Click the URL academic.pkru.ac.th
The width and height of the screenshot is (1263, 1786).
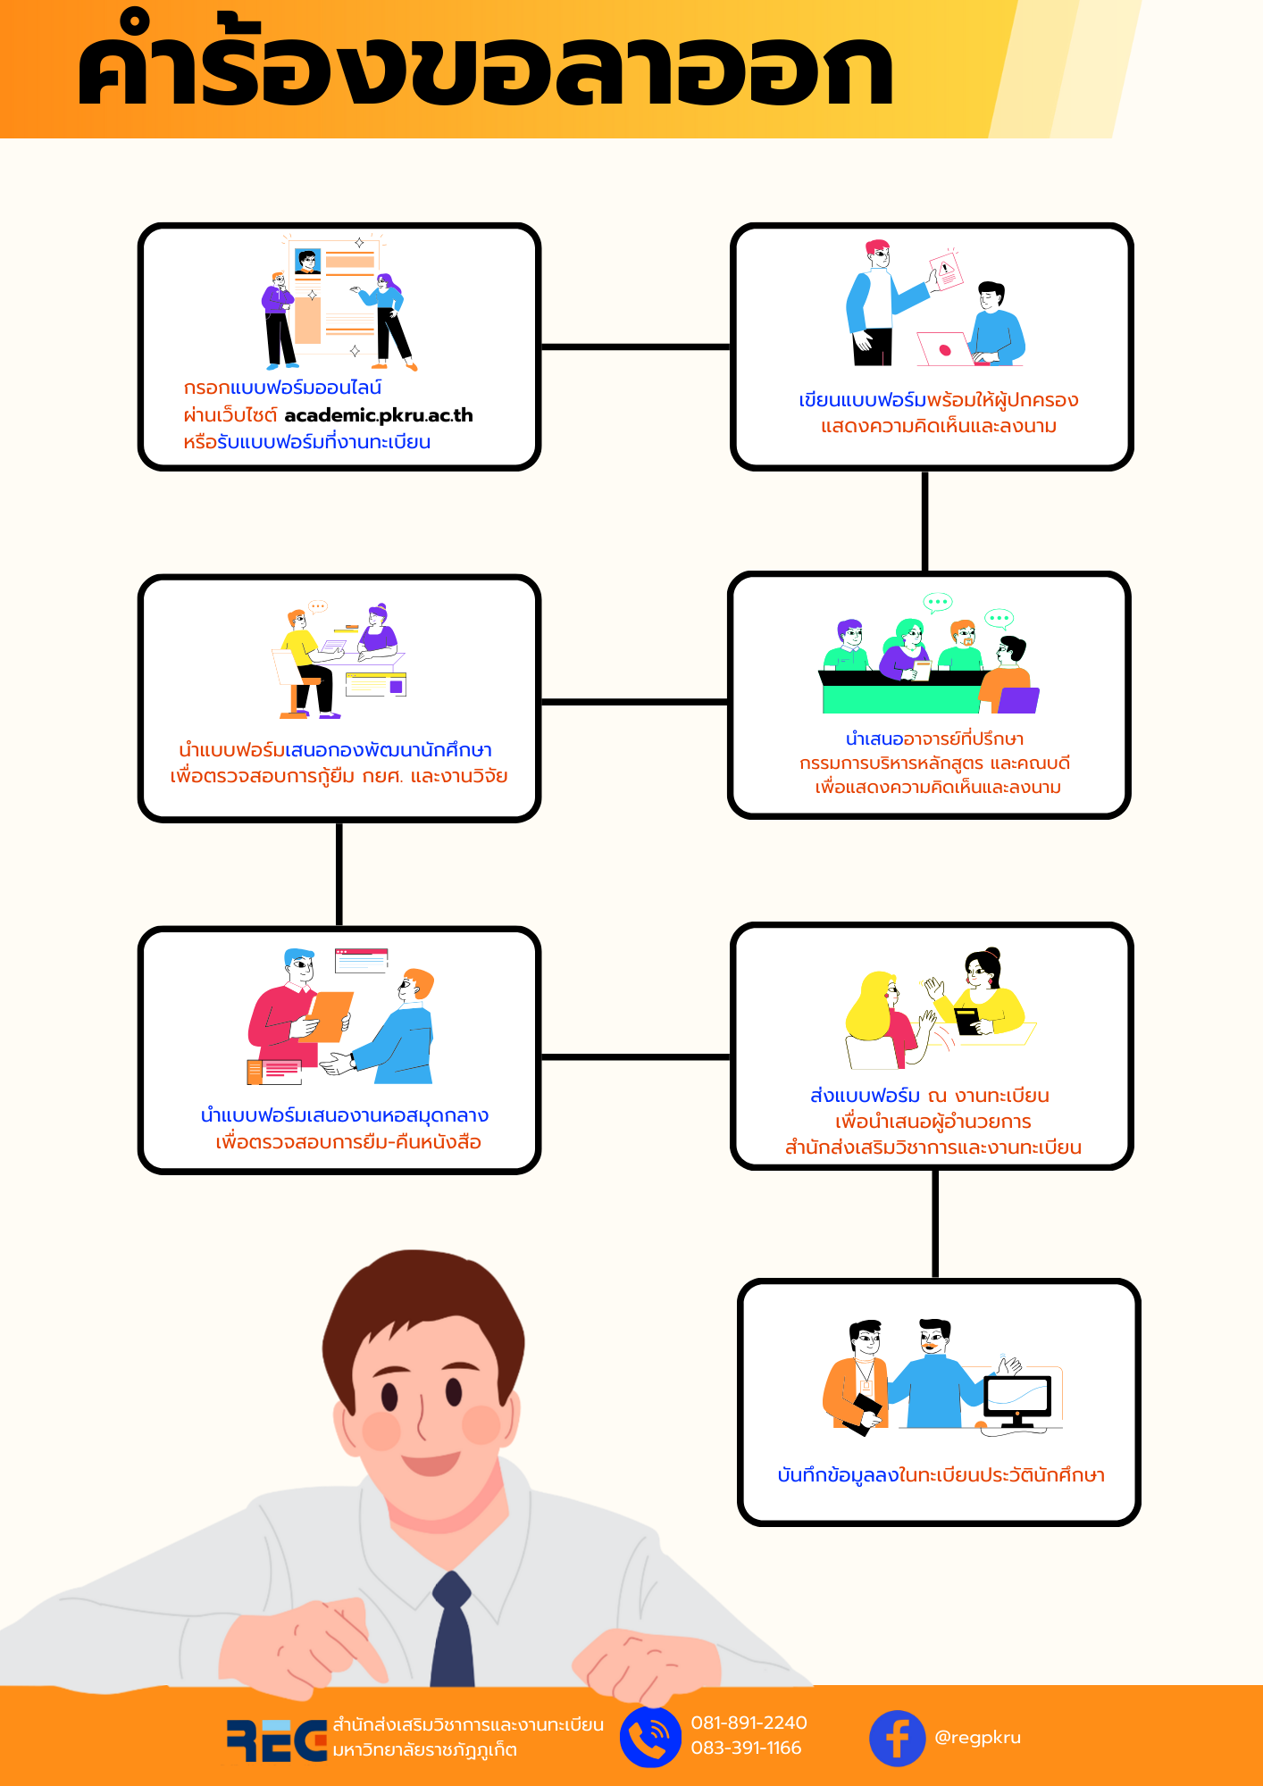pos(379,415)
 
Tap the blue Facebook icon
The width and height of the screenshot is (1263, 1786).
pos(897,1738)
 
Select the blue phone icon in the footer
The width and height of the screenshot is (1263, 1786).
pos(650,1738)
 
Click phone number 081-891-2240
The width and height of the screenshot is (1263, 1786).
pos(749,1723)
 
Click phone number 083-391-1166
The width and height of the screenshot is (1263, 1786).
pos(746,1748)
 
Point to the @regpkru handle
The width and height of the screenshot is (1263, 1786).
pos(977,1738)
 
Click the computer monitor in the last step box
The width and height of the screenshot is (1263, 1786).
pos(1017,1400)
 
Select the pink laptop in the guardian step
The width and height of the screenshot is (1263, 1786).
pos(945,349)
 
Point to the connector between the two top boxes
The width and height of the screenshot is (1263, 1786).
pos(636,346)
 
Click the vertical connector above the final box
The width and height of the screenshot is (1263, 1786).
pos(935,1223)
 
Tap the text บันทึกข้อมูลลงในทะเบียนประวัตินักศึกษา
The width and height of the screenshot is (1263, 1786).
pos(941,1474)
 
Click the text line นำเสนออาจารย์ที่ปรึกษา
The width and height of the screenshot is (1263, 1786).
pos(934,739)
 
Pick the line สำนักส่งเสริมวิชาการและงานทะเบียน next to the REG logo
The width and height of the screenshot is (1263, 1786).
pos(468,1724)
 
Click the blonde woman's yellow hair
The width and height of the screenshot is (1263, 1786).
pos(871,1007)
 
